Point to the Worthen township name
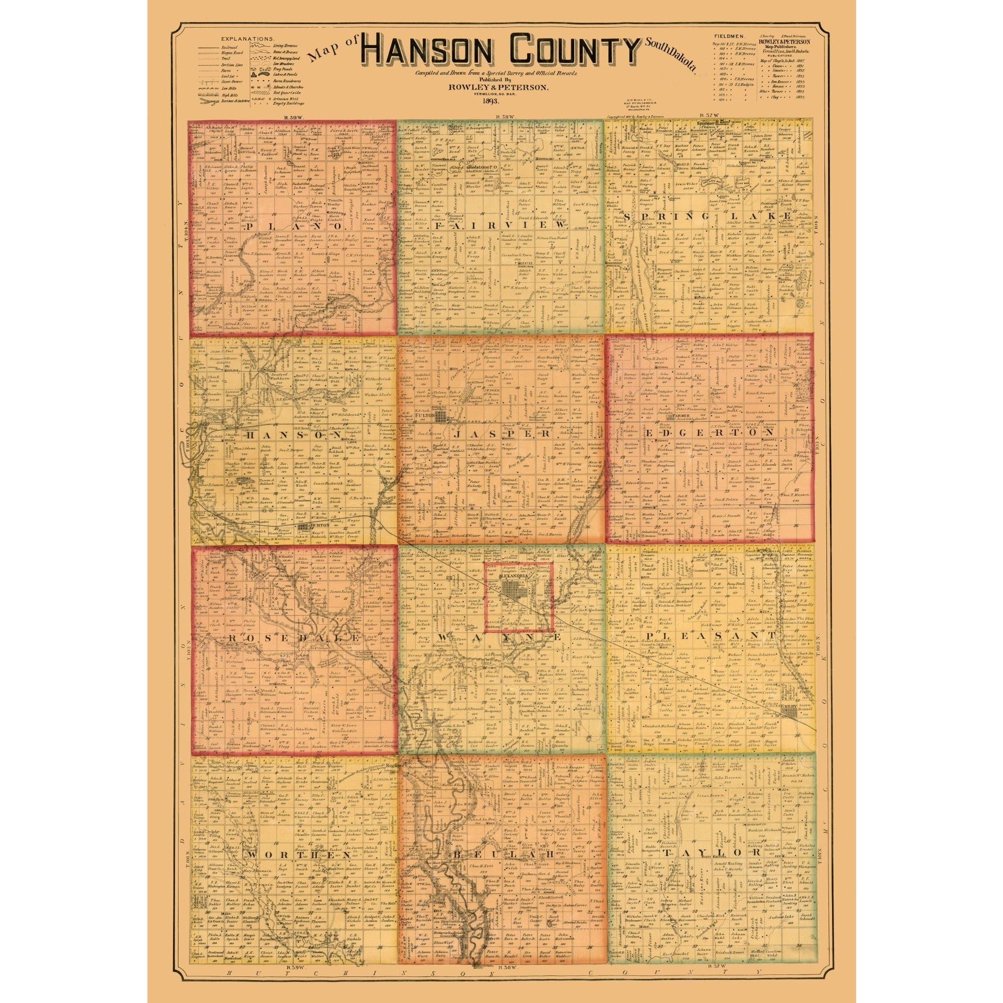pyautogui.click(x=292, y=854)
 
